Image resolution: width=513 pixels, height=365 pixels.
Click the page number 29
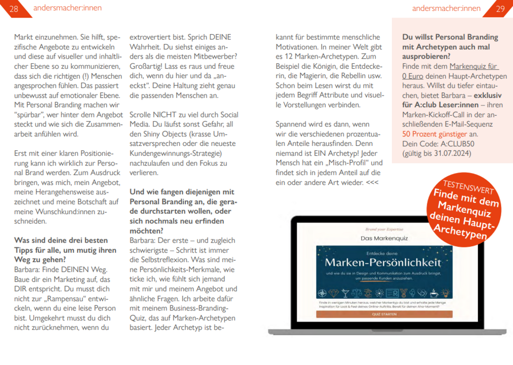500,8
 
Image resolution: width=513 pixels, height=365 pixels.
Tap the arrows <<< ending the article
372,182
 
